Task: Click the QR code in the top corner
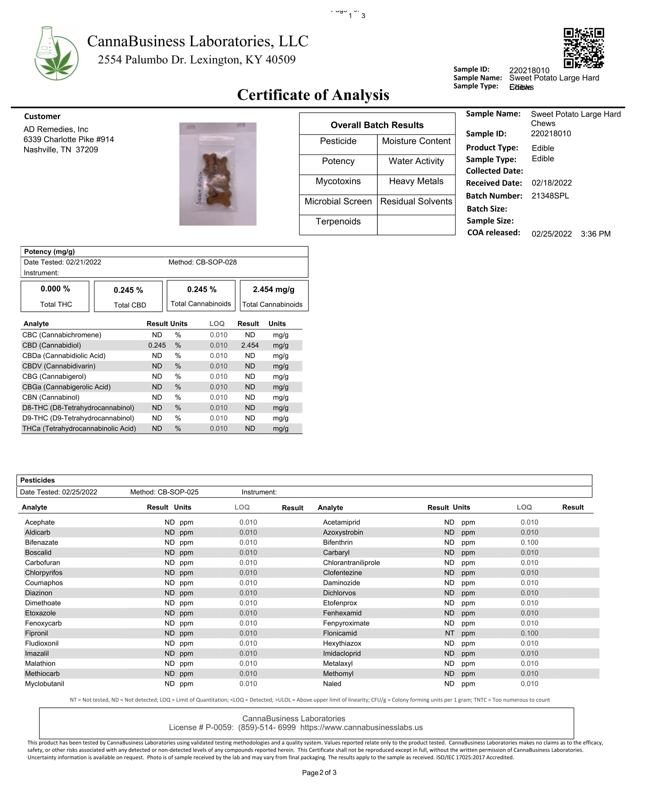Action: [x=583, y=48]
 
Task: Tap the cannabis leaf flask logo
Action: [x=56, y=53]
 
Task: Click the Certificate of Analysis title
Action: [x=313, y=95]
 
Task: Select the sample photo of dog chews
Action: [x=218, y=174]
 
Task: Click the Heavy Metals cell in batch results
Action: [x=416, y=181]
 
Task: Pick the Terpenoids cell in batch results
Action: [x=338, y=222]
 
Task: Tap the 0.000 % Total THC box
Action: [x=55, y=296]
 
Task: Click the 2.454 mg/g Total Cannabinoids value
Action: [x=274, y=289]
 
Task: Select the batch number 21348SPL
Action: [x=550, y=196]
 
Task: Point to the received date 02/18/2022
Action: [x=551, y=183]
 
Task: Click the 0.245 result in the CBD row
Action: [x=157, y=345]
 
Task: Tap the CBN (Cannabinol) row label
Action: [x=51, y=397]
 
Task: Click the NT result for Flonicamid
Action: [x=449, y=633]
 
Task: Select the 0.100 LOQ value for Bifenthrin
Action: [x=529, y=542]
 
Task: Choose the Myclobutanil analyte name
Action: [x=44, y=683]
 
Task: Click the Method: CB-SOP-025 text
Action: [x=164, y=492]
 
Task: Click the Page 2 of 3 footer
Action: [x=319, y=773]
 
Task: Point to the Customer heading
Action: [x=42, y=116]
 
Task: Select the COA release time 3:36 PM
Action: [x=595, y=234]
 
